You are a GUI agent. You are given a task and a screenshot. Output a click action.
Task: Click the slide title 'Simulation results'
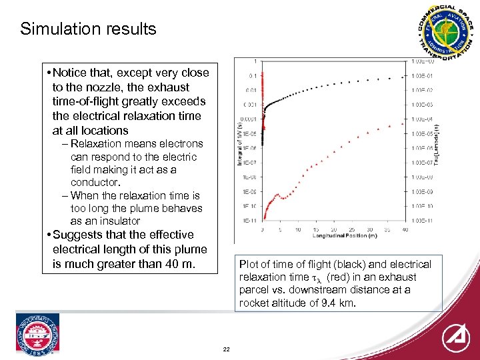point(88,29)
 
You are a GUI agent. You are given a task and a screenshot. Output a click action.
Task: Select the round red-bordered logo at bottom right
point(456,337)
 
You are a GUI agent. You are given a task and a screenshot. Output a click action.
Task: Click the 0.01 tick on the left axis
point(251,90)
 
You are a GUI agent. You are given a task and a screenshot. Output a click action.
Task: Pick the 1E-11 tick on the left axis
point(251,220)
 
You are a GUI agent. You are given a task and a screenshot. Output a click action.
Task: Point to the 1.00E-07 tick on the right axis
point(422,162)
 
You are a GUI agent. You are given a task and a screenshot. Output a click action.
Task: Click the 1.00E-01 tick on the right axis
point(422,75)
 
